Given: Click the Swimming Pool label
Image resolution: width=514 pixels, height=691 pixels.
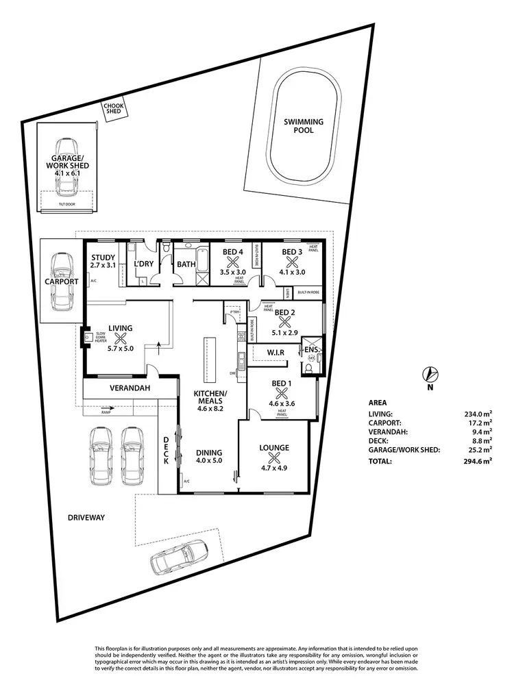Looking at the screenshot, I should click(x=304, y=126).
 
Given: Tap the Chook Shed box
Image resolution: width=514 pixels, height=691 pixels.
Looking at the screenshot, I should click(x=112, y=110).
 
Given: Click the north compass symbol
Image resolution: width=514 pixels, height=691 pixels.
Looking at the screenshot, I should click(x=430, y=375).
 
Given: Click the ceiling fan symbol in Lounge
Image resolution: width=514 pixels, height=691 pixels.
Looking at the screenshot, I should click(x=273, y=459).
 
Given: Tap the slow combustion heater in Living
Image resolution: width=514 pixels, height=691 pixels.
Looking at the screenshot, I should click(x=88, y=336).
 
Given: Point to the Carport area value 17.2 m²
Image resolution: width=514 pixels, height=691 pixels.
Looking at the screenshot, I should click(x=480, y=423).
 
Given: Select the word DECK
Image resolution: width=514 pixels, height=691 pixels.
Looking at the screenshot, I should click(x=166, y=451).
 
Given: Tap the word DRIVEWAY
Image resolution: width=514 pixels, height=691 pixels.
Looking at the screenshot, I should click(x=86, y=518).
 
